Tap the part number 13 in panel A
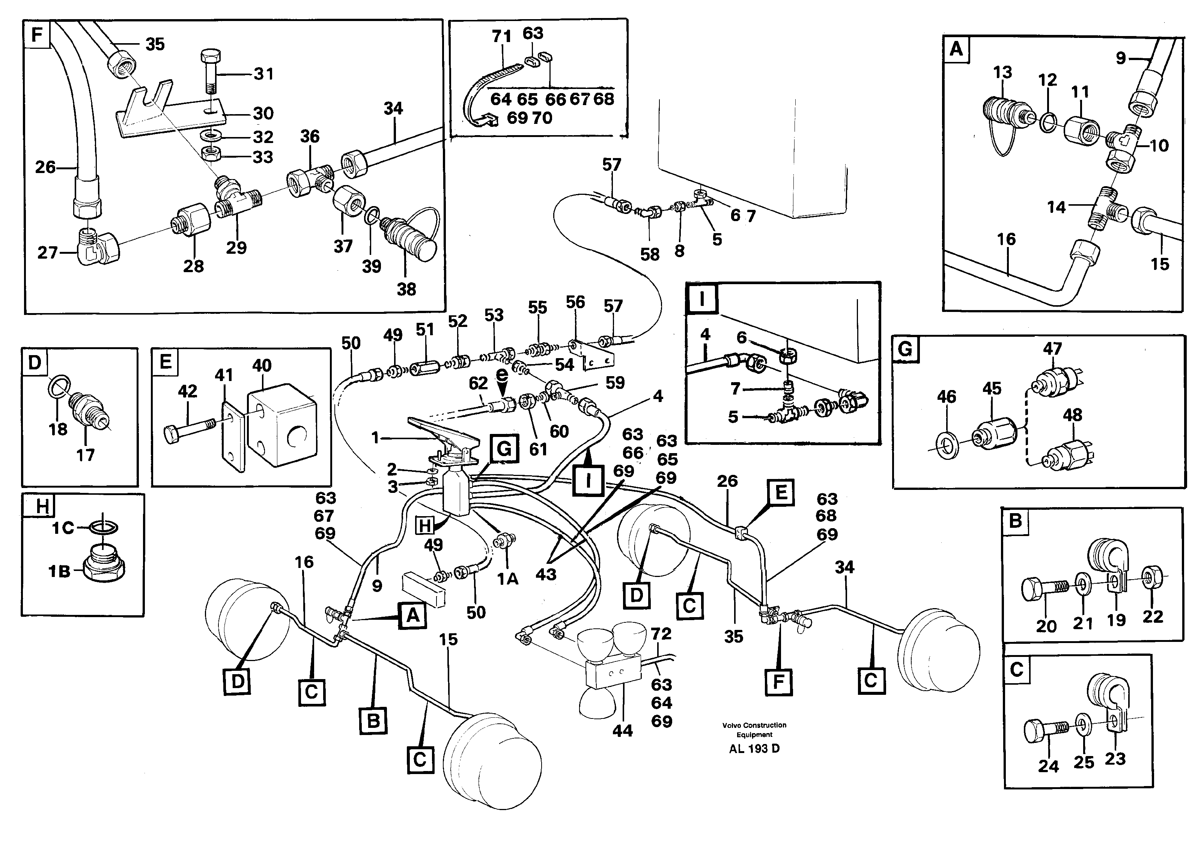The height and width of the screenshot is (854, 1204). click(1002, 72)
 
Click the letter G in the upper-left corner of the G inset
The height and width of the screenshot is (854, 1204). click(905, 349)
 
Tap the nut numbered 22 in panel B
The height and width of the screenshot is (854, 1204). click(1151, 579)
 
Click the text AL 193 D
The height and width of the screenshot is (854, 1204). click(754, 749)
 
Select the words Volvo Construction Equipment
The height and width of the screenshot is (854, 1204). click(754, 729)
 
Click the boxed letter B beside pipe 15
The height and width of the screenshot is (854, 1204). click(373, 720)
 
